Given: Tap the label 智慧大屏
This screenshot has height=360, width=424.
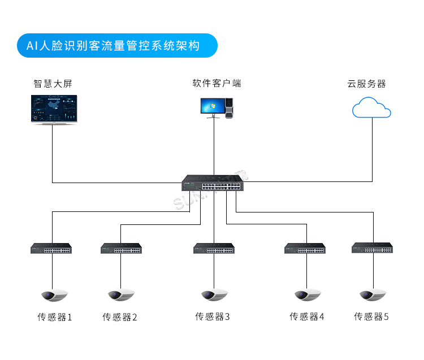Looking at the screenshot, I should [53, 84].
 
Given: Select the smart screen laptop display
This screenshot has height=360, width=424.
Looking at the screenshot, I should [54, 108].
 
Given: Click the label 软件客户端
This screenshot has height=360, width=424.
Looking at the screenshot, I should [217, 83].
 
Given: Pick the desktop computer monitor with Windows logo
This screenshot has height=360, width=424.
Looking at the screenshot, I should [211, 106].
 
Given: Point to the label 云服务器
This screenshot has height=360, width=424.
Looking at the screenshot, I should [366, 84].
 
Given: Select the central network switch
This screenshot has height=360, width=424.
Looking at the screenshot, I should [213, 184].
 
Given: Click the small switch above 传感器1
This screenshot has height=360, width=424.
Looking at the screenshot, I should [51, 248].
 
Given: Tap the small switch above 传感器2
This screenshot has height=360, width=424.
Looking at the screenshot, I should [121, 248].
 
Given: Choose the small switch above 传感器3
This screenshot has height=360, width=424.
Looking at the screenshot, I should [214, 248].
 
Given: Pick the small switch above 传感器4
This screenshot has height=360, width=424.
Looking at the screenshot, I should [305, 248].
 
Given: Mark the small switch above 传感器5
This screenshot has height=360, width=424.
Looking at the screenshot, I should [372, 248].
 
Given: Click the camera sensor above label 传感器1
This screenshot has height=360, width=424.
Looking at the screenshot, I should [54, 294].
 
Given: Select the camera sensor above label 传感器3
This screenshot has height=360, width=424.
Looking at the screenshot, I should [214, 294].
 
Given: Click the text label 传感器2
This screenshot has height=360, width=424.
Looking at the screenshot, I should [120, 317].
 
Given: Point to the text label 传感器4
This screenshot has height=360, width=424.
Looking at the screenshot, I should [307, 316].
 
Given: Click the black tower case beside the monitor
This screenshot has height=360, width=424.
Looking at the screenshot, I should [229, 108].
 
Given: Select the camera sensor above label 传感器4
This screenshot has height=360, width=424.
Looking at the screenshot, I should [307, 294].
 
